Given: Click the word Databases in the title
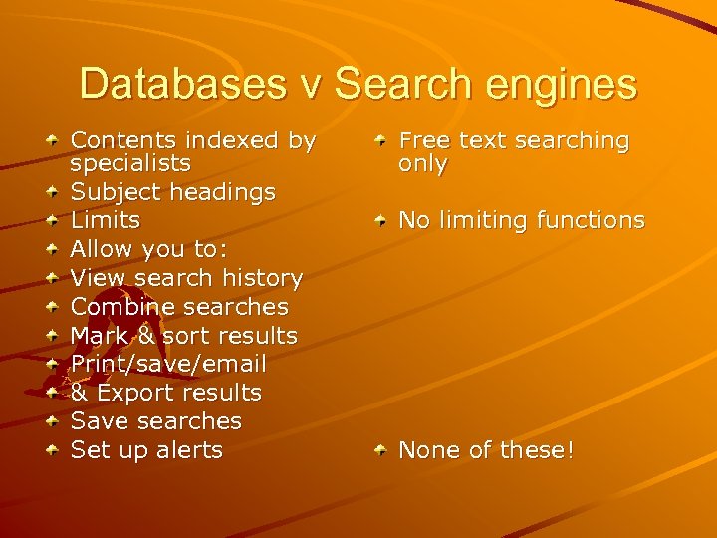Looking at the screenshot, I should point(187,84).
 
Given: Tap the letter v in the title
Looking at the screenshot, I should point(316,84).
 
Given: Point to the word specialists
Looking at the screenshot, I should point(130,163).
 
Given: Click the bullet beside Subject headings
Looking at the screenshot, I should point(51,191).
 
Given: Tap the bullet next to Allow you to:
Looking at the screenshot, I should point(51,249).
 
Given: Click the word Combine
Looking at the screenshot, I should point(120,307).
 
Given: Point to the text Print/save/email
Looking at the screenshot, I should point(168,364).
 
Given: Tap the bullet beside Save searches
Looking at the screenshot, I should point(51,422).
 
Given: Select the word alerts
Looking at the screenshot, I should point(189,450).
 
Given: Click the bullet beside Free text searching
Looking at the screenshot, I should point(381,143).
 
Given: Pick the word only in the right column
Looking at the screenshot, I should point(422,164).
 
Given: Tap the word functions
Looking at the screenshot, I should point(591,220).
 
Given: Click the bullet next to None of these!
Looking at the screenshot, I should point(381,452).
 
